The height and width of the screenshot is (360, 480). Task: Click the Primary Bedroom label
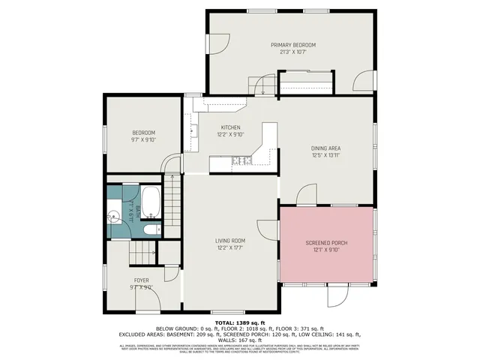(293, 45)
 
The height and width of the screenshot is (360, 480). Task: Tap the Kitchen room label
(229, 127)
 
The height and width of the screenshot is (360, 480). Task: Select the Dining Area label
(326, 148)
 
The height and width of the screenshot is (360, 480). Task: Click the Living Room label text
(229, 240)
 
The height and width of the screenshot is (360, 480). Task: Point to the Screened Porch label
(326, 244)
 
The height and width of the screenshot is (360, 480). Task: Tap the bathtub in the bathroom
(150, 200)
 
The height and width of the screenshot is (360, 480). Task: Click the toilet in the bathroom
(151, 229)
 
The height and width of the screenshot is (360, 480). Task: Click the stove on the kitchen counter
(241, 160)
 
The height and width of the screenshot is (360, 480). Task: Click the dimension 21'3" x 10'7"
(293, 52)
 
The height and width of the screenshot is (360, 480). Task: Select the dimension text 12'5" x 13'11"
(326, 156)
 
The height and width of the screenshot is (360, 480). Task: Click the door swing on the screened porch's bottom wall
(337, 295)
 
